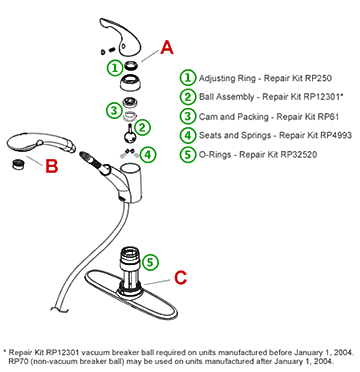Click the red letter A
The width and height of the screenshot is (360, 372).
click(167, 47)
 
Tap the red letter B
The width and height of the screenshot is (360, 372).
click(52, 166)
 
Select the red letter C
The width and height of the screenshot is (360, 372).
click(181, 277)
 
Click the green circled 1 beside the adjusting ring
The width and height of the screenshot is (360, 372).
click(115, 68)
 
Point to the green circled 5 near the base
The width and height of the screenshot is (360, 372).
click(151, 262)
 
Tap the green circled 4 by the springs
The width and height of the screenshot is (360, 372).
click(148, 154)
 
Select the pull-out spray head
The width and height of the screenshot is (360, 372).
click(41, 144)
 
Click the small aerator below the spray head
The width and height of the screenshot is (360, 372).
click(18, 164)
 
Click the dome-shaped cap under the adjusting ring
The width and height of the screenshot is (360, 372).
click(130, 82)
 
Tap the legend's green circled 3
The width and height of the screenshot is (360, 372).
click(188, 116)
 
